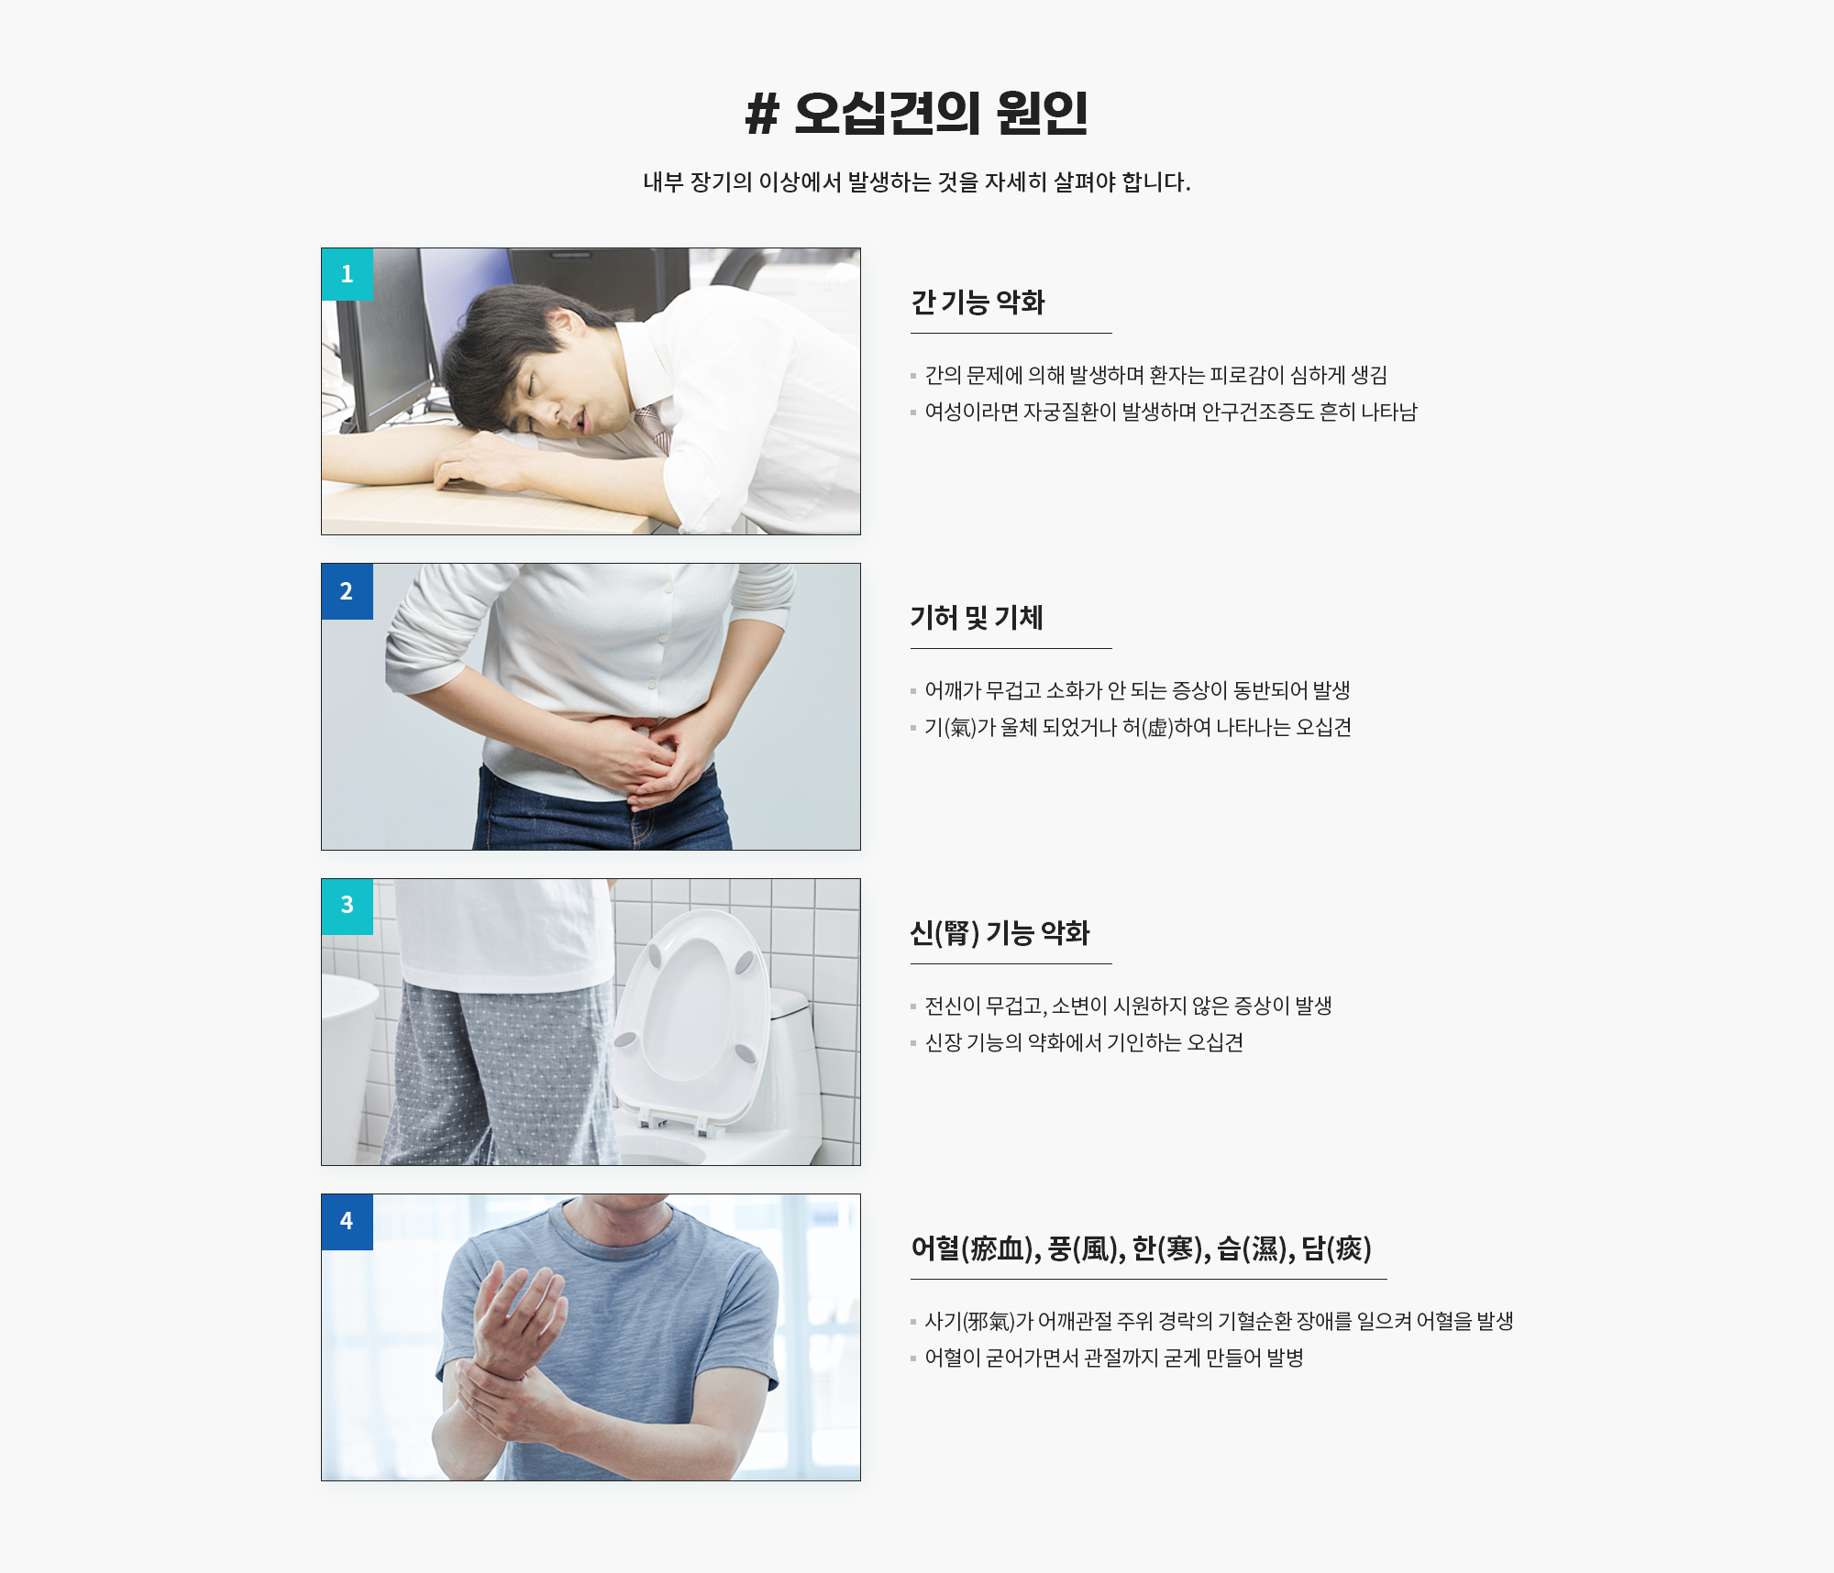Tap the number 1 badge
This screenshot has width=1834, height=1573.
point(348,274)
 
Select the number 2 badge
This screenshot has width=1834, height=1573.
point(348,591)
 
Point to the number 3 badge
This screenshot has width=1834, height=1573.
point(348,907)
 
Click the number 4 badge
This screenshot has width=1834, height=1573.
point(348,1222)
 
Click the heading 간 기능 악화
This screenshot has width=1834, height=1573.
point(978,302)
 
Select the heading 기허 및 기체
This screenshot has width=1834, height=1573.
point(977,618)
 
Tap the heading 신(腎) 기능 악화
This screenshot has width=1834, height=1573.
point(1000,933)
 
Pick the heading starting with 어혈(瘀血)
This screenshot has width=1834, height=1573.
point(1141,1248)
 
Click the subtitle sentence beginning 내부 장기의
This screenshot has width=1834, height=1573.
point(917,182)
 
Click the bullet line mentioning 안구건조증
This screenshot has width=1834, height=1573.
point(1171,412)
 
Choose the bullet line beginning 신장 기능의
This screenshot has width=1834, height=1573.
point(1084,1043)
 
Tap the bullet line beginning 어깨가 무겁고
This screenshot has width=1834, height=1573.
point(1137,691)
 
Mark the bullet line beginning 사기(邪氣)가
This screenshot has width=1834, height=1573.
point(1219,1322)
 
